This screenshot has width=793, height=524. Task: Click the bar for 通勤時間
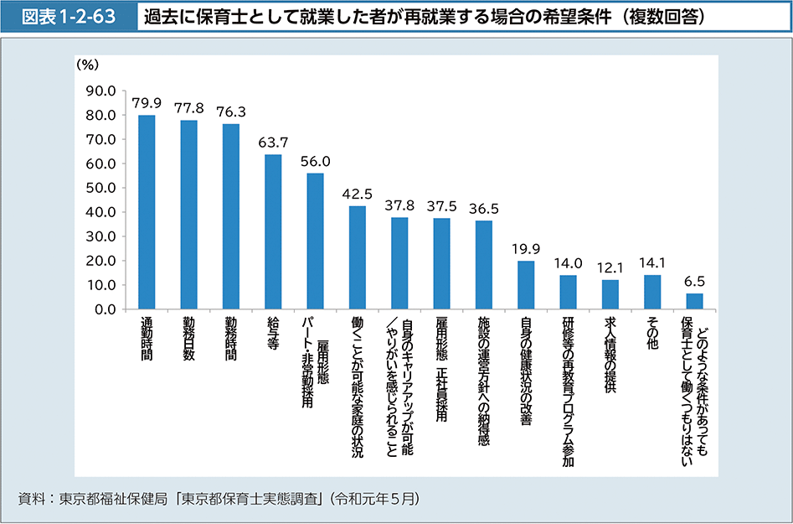(x=147, y=212)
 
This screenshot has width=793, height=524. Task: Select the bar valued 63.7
(x=273, y=231)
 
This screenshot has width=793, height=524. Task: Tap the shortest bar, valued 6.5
(x=694, y=301)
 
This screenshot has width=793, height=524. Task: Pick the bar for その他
(x=652, y=292)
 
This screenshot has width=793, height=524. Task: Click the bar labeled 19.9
(x=526, y=285)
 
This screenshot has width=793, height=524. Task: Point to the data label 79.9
(x=147, y=103)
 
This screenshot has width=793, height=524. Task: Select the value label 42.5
(x=358, y=195)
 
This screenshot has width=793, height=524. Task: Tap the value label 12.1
(x=610, y=268)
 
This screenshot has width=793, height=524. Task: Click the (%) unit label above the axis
(x=87, y=64)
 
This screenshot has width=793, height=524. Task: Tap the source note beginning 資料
(x=218, y=499)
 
